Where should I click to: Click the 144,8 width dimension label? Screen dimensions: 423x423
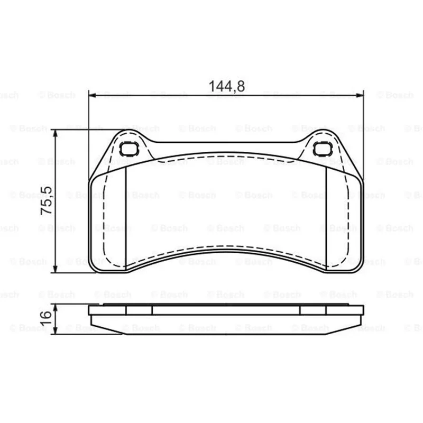coord(227,86)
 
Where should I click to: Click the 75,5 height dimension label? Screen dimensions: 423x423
coord(46,200)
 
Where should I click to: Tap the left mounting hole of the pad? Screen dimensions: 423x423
coord(129,149)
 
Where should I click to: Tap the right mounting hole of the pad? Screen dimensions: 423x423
coord(323,149)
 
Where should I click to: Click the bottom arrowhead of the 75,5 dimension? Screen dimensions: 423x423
coord(56,269)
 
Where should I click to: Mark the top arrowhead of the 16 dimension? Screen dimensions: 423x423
coord(56,308)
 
